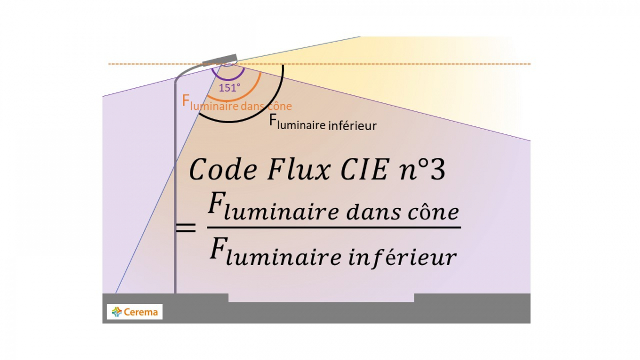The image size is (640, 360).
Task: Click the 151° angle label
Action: tap(230, 88)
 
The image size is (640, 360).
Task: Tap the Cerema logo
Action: tap(135, 311)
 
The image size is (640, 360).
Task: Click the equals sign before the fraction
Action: tap(186, 228)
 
